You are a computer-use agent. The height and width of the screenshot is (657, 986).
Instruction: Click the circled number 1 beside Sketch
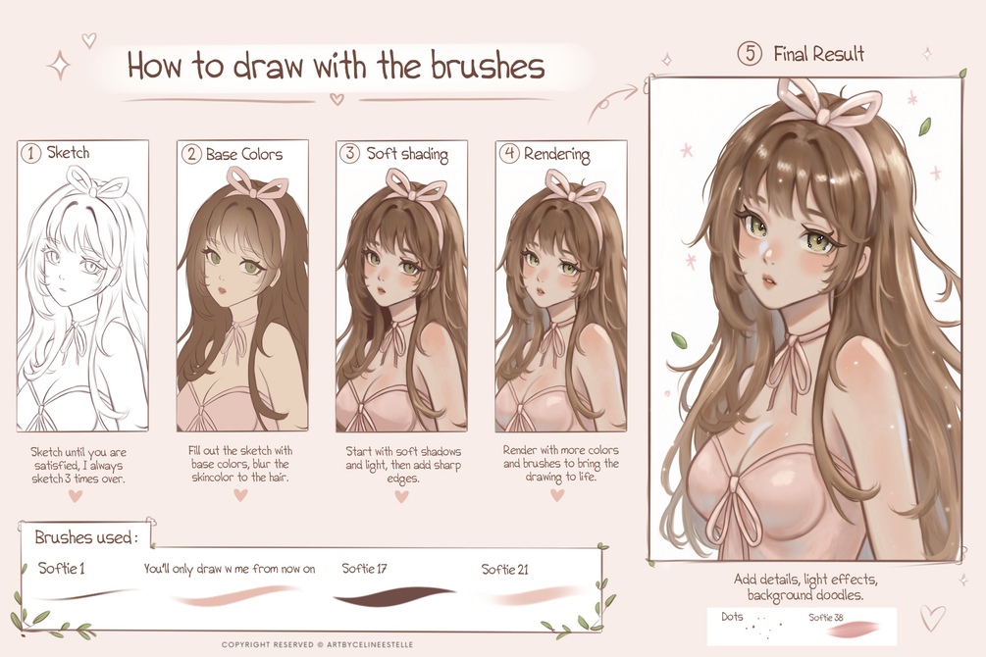point(30,153)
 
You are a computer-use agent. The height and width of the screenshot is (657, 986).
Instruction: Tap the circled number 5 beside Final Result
point(750,53)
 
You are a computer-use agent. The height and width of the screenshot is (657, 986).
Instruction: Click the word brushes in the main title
point(488,66)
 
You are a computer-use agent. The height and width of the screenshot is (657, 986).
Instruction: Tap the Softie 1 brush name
point(62,569)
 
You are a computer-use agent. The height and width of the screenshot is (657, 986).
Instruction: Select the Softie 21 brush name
point(505,570)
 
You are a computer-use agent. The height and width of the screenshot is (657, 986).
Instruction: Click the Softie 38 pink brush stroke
point(855,630)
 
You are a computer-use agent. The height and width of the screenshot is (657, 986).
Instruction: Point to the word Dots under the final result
point(732,617)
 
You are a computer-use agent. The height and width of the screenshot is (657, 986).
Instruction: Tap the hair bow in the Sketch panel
point(96,181)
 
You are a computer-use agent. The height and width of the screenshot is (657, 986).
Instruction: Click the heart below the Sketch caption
point(76,496)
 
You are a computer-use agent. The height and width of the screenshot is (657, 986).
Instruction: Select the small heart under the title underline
point(337,99)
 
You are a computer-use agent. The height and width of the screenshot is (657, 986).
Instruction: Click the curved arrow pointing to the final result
point(612,103)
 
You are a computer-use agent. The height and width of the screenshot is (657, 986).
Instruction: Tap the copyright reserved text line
point(318,644)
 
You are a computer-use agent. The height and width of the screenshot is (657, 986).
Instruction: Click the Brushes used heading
point(85,537)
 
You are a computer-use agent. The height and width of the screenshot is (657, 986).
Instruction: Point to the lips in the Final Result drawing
point(771,280)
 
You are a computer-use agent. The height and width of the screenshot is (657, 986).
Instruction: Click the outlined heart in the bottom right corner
point(933,618)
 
